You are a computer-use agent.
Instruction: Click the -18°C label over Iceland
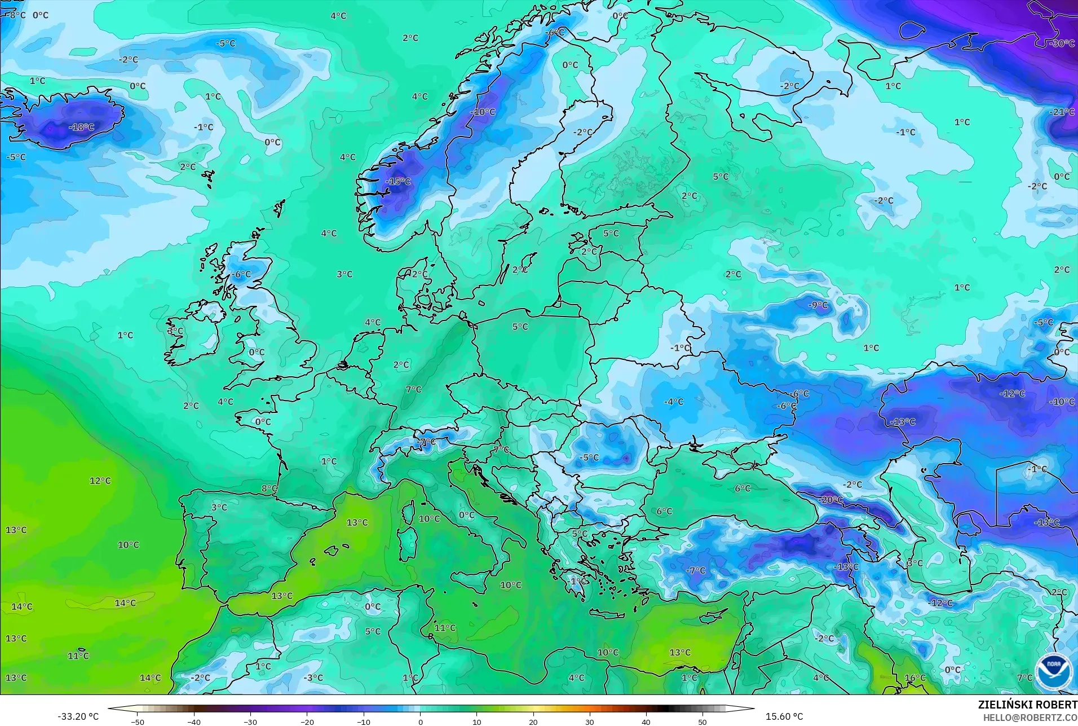82,127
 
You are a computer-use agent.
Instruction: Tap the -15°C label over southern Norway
399,182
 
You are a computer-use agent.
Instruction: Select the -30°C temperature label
1062,43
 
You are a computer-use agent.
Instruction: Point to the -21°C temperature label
1062,112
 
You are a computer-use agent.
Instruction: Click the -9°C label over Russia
818,305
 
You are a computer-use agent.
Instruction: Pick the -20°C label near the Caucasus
831,500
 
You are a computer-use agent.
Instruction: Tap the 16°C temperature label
915,677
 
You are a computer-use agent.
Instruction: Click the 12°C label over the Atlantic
100,481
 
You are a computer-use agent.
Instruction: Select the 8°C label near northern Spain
269,488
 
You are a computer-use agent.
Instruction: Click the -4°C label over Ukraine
674,402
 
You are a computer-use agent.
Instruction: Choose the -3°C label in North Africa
313,677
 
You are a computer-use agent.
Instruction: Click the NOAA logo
1053,672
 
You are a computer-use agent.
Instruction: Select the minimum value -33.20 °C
78,716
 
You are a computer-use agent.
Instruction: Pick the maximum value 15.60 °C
784,716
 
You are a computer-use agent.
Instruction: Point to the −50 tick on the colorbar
138,721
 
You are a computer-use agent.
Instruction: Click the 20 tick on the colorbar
533,721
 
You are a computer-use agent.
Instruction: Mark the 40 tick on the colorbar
646,721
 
